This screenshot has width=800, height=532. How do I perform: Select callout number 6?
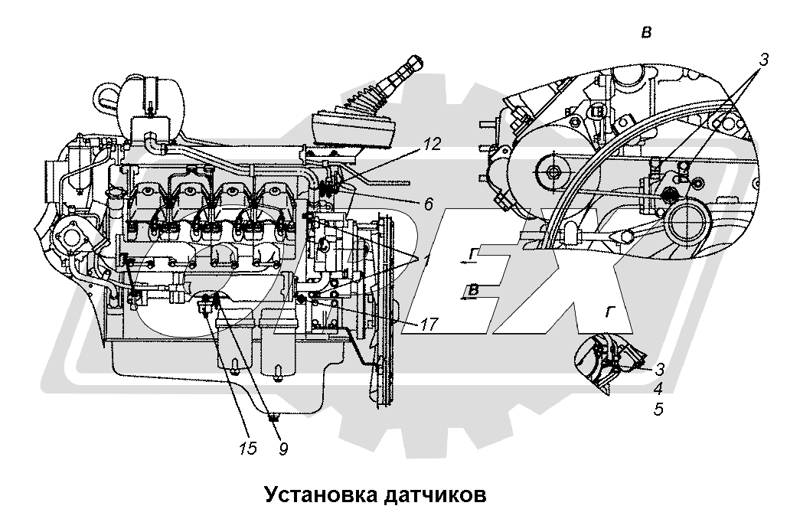click(428, 204)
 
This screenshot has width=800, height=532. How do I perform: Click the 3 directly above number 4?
click(659, 368)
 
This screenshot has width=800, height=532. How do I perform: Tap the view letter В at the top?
click(647, 32)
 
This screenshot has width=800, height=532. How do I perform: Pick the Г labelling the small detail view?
click(610, 312)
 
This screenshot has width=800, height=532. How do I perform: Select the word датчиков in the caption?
click(430, 494)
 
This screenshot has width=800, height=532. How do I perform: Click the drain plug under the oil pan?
click(273, 418)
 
